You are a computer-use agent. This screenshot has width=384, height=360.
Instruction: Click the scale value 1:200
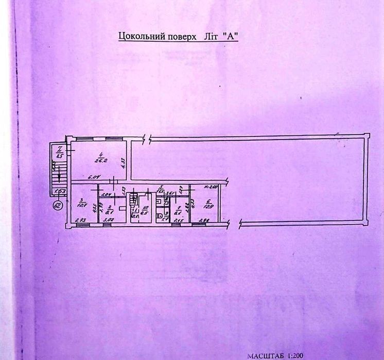[x=297, y=355]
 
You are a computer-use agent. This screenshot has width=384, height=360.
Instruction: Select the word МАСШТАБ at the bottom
[x=266, y=355]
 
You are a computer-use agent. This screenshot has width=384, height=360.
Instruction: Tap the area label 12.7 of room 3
[x=82, y=204]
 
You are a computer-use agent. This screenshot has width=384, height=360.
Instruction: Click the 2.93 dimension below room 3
[x=80, y=221]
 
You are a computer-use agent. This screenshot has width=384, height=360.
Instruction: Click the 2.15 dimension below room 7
[x=178, y=221]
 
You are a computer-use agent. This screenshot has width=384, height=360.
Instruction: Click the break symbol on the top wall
[x=147, y=139]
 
